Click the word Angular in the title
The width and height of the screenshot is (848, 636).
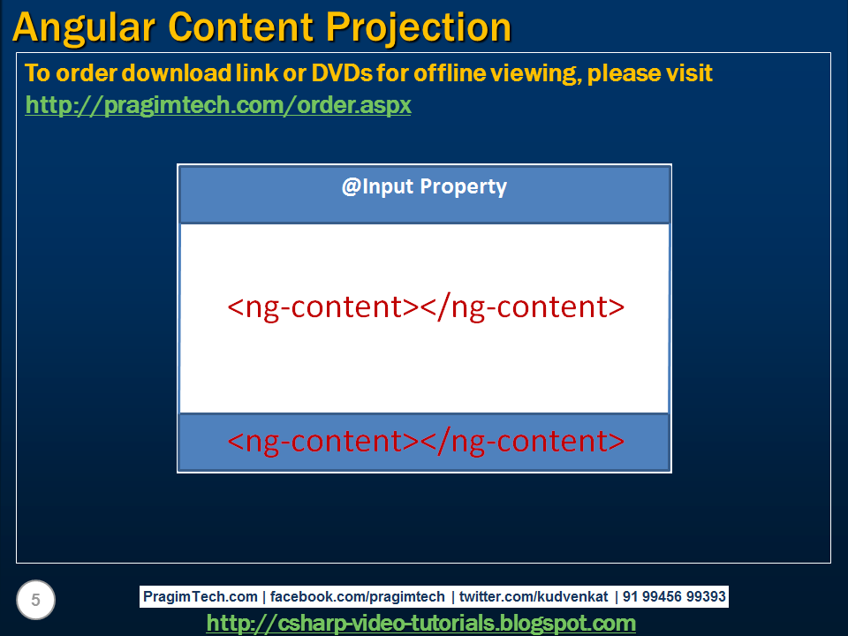click(84, 28)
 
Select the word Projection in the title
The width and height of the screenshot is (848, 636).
click(418, 28)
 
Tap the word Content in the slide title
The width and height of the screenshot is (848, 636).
click(240, 27)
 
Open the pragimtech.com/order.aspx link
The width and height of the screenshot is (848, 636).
click(218, 105)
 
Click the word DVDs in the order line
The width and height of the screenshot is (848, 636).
click(342, 73)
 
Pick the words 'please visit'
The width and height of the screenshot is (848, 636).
click(649, 73)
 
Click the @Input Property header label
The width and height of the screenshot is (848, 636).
click(425, 186)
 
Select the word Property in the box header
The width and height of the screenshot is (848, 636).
click(464, 187)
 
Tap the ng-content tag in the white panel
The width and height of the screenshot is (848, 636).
click(426, 307)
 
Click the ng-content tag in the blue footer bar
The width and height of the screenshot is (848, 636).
click(426, 442)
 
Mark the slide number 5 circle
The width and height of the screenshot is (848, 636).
click(35, 600)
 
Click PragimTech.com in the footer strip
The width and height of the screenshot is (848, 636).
click(201, 596)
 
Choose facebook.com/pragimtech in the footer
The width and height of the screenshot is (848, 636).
click(357, 596)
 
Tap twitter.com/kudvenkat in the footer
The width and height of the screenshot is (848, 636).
click(534, 596)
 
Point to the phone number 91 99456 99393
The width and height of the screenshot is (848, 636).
click(674, 596)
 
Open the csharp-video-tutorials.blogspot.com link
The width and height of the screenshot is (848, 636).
click(420, 623)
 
